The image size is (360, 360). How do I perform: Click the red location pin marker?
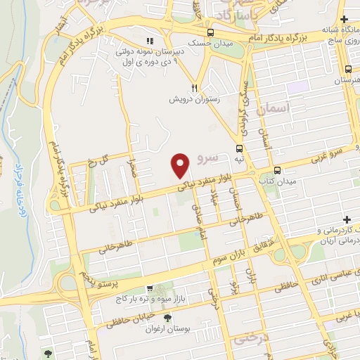point(181,166)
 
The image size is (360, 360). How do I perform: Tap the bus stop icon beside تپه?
point(240,148)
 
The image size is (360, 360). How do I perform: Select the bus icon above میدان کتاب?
point(277,170)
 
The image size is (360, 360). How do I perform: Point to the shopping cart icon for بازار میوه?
point(149,288)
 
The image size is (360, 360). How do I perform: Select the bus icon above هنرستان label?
point(348,69)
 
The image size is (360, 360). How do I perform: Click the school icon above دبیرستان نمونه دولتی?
point(148,41)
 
